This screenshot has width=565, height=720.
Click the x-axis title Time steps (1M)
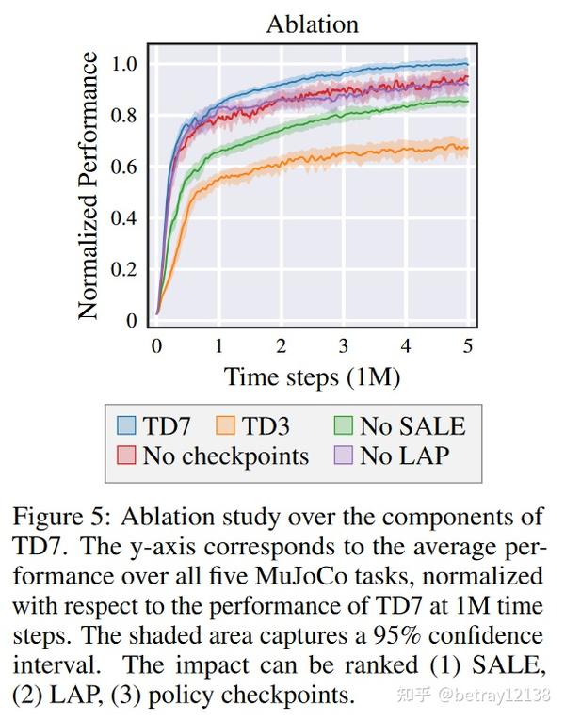(312, 377)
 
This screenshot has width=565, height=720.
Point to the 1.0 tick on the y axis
(125, 65)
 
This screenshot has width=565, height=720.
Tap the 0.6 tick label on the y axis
(125, 168)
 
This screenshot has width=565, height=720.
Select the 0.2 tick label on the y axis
(125, 270)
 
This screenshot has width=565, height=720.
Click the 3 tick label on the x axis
(344, 345)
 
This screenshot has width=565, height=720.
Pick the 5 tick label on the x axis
(468, 345)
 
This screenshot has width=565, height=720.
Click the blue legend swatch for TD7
(126, 425)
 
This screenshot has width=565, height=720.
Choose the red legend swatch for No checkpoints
(126, 456)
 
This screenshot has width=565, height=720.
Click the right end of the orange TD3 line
(468, 147)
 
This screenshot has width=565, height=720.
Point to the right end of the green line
(468, 101)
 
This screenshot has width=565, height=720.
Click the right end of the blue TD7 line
(468, 64)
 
